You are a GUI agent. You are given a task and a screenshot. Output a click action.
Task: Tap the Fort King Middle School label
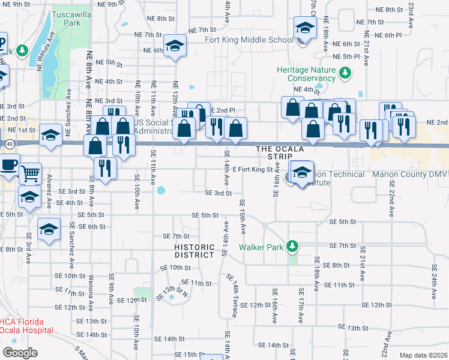pos(257,40)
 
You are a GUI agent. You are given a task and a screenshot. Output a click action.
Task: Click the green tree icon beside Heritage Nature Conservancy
pos(345,73)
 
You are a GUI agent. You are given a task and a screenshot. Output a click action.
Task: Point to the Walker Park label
pos(263,247)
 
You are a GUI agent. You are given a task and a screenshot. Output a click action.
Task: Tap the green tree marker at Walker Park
pos(292,246)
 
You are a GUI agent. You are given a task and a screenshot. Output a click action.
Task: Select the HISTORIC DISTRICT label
pos(194,251)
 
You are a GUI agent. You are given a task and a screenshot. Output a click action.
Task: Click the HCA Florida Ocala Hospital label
pos(27,326)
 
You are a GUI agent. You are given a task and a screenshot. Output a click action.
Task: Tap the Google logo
pos(20,352)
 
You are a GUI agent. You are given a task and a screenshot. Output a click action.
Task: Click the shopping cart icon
pos(30,173)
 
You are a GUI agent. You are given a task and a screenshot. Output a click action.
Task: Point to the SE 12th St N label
pos(172,292)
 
